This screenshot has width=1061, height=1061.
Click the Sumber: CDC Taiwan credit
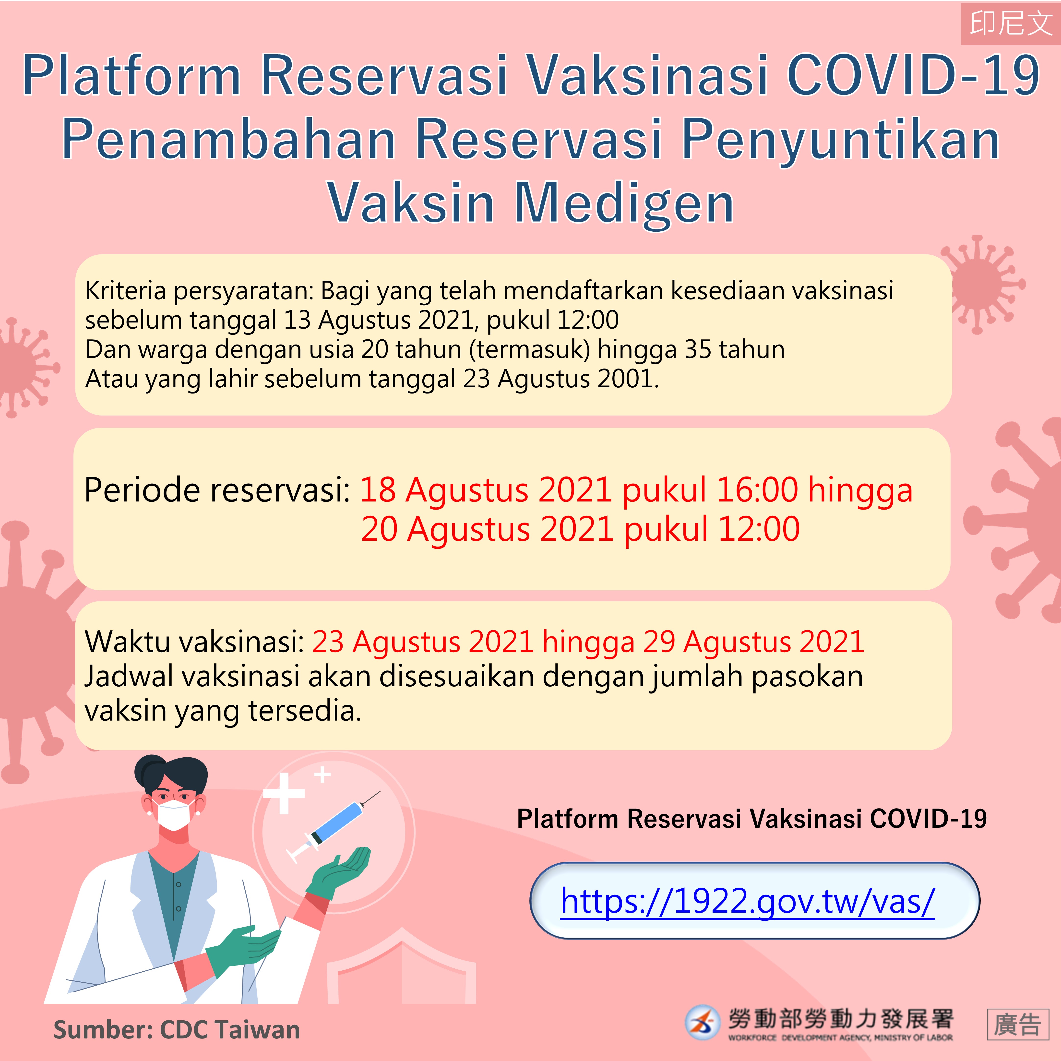pyautogui.click(x=177, y=1030)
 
